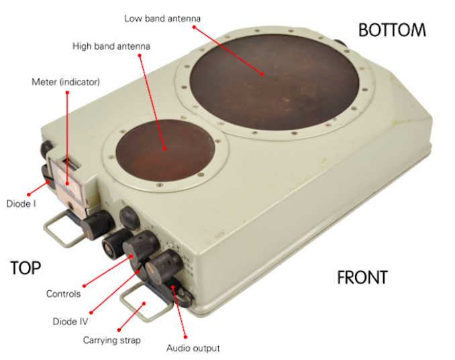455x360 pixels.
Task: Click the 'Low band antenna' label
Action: pyautogui.click(x=162, y=19)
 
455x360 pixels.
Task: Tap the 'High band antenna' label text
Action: pyautogui.click(x=111, y=46)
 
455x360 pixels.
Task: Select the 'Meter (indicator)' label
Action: pyautogui.click(x=66, y=82)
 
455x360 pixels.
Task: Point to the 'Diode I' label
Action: pyautogui.click(x=21, y=204)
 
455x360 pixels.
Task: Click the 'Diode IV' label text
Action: pyautogui.click(x=70, y=322)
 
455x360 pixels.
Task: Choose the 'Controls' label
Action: pyautogui.click(x=63, y=294)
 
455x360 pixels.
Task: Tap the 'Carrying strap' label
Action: pyautogui.click(x=111, y=340)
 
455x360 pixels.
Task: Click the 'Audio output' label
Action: pyautogui.click(x=193, y=348)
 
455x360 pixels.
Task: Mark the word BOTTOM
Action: pyautogui.click(x=392, y=30)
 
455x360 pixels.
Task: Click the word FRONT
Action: pyautogui.click(x=362, y=277)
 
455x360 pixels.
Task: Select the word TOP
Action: pyautogui.click(x=26, y=268)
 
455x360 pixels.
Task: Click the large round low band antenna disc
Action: pyautogui.click(x=274, y=82)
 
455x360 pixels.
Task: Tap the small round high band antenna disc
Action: pyautogui.click(x=165, y=150)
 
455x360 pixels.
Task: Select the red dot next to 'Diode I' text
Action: pyautogui.click(x=28, y=195)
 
